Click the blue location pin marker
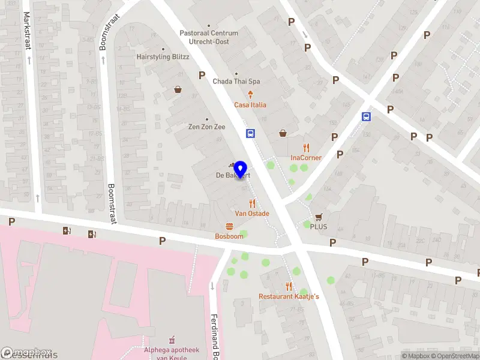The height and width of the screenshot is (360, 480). [x=241, y=169]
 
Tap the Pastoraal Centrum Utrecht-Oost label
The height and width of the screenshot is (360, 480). [x=209, y=37]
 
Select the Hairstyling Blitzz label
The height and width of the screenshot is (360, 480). [x=163, y=57]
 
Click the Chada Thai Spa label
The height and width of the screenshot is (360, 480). [x=236, y=81]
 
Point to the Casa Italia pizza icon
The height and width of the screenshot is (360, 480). [x=250, y=94]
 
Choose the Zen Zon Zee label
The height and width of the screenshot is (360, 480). [x=207, y=127]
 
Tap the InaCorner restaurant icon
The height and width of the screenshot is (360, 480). [x=306, y=148]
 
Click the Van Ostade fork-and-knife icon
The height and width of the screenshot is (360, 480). [x=252, y=203]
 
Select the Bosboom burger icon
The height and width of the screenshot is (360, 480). [x=229, y=226]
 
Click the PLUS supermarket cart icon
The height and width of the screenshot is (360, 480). [x=319, y=217]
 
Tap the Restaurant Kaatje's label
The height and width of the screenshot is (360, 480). [x=289, y=296]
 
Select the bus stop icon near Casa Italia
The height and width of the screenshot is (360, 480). [x=251, y=134]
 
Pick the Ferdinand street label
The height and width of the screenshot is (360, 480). [x=214, y=336]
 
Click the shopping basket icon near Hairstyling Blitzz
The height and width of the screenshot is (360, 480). [x=178, y=90]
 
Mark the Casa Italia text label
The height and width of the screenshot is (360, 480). [x=250, y=105]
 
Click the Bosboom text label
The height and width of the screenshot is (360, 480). [x=229, y=236]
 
